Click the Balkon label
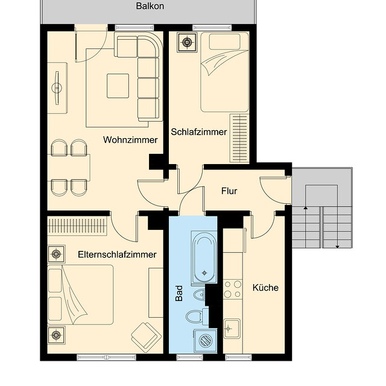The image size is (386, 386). click(x=150, y=6)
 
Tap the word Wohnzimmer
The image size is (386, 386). click(x=130, y=140)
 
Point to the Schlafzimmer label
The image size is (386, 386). click(x=198, y=132)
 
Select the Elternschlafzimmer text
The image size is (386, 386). click(x=117, y=255)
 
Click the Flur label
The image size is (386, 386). click(x=229, y=191)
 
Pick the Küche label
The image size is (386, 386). click(x=265, y=288)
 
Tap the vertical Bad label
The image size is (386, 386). click(x=179, y=294)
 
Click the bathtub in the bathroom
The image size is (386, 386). click(x=204, y=257)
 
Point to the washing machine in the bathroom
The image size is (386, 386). click(x=206, y=341)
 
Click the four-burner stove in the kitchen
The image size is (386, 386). click(x=233, y=289)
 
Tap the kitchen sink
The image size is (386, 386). click(x=232, y=329)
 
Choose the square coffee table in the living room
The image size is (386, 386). click(x=118, y=86)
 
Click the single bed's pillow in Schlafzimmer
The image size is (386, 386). click(x=224, y=42)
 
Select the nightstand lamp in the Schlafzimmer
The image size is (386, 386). click(x=187, y=43)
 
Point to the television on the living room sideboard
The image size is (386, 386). click(x=57, y=88)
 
